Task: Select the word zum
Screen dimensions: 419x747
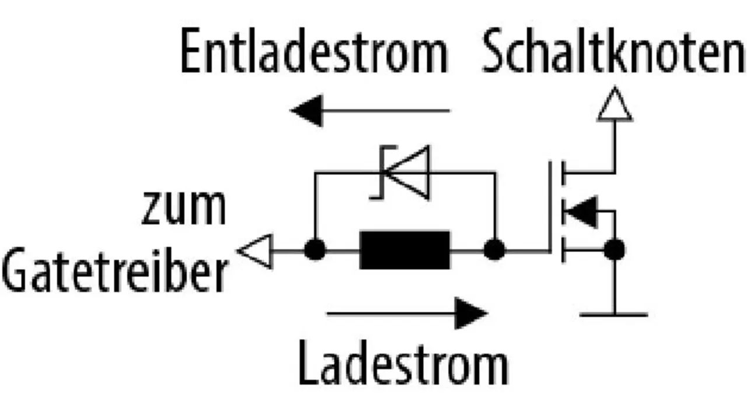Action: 183,209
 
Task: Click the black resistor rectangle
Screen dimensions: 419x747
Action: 405,250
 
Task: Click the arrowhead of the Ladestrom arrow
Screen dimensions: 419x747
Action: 470,314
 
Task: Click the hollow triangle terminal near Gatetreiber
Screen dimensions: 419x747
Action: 257,251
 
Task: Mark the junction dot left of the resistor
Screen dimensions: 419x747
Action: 315,250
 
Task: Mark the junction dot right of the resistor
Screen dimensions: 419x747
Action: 495,250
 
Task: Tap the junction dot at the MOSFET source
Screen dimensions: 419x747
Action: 614,250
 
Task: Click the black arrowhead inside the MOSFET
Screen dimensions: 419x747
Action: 581,211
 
